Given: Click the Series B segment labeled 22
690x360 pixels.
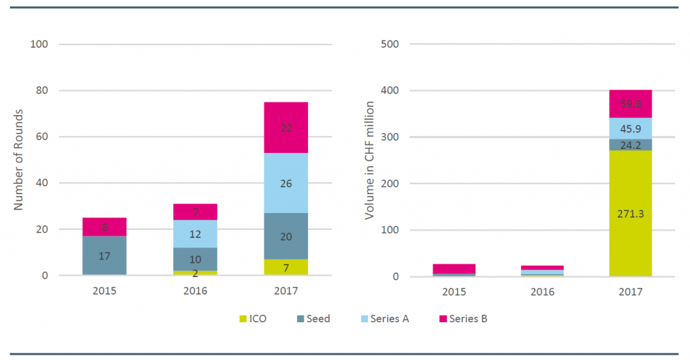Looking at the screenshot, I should [x=286, y=127].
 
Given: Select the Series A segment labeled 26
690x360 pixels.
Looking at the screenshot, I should [x=286, y=183].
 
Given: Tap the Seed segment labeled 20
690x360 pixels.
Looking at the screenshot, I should [x=286, y=236].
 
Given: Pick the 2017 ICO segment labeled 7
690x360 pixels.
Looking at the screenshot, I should [x=286, y=268].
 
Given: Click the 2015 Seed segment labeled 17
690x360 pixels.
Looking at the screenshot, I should [x=105, y=256].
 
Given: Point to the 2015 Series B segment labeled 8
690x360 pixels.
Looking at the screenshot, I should [x=105, y=227].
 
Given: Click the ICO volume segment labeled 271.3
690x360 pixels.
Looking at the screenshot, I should [x=631, y=214].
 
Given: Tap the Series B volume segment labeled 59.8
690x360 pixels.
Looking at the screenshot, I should [x=631, y=104].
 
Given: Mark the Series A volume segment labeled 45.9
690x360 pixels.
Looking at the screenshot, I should [x=631, y=128].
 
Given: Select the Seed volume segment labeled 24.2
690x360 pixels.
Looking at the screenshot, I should [x=631, y=144].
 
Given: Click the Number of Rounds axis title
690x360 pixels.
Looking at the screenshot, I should [x=19, y=160].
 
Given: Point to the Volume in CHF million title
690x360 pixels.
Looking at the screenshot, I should [x=369, y=160].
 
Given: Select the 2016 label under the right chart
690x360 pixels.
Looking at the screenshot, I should [x=542, y=292].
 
